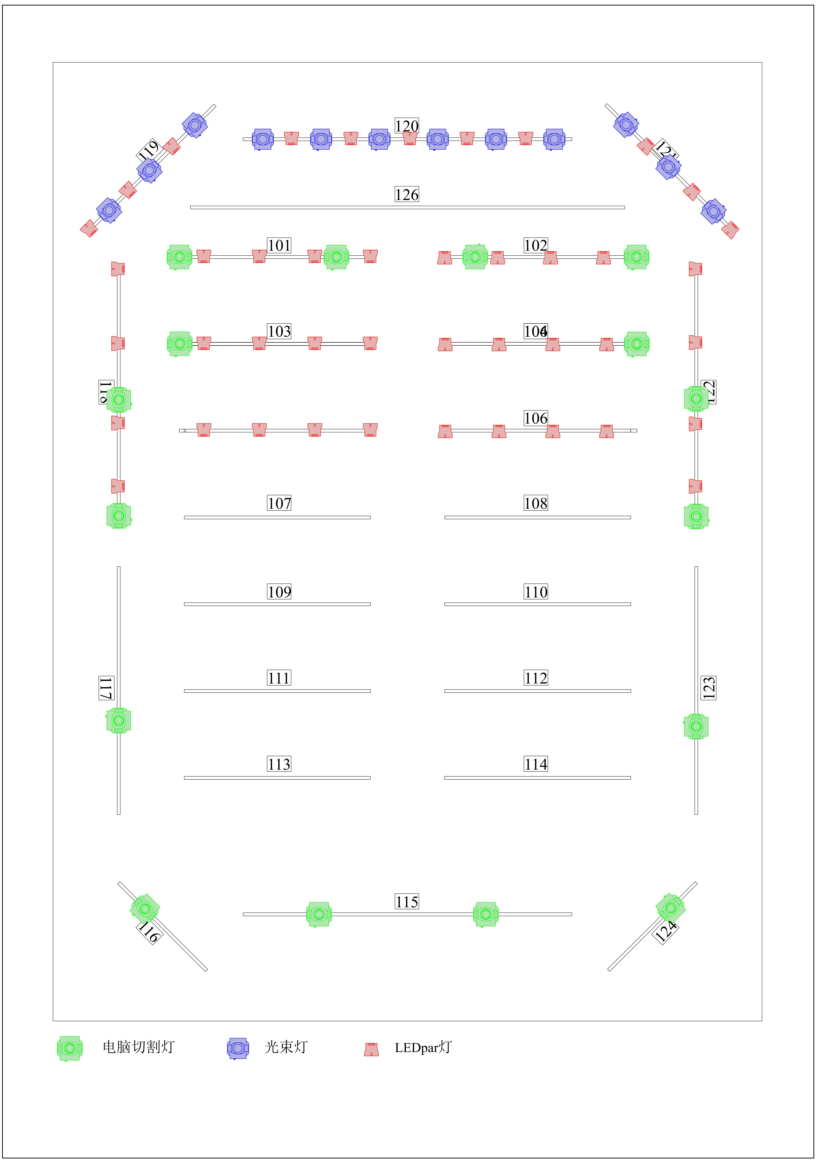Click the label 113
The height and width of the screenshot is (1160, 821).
(279, 764)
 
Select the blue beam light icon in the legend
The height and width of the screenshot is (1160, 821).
(238, 1048)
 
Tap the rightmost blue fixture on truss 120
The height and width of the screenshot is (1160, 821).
(554, 139)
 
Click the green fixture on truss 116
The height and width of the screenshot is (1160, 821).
(145, 908)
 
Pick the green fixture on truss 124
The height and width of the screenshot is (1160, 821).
(670, 908)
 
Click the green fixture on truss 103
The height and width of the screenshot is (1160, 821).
(180, 344)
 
